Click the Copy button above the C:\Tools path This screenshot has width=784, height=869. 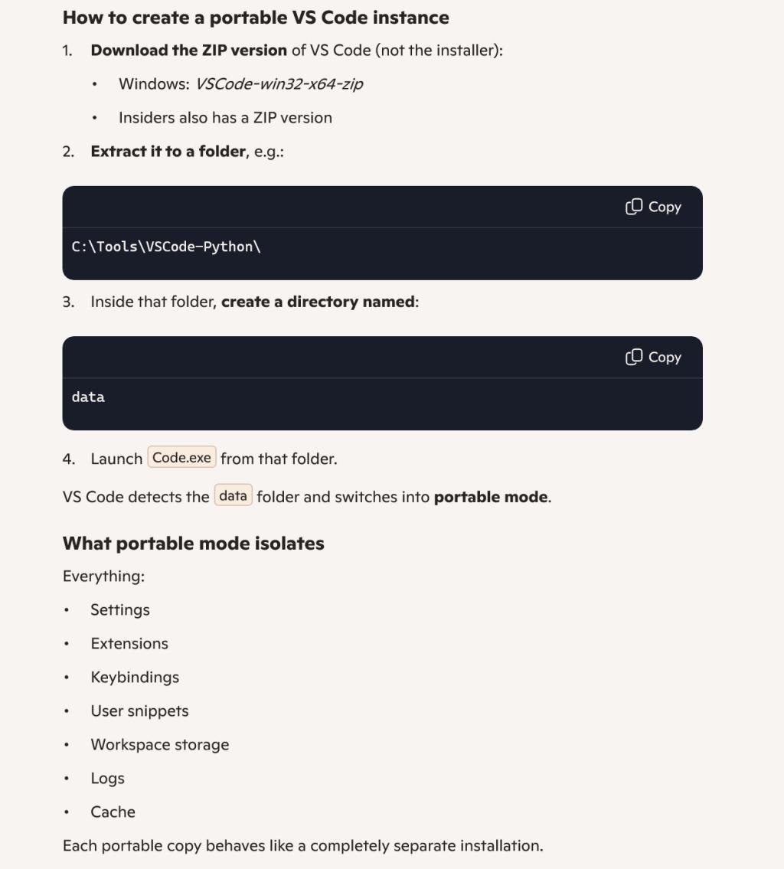point(653,207)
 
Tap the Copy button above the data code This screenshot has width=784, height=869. point(653,357)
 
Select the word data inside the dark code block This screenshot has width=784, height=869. point(88,397)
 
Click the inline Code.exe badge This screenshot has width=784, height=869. point(181,458)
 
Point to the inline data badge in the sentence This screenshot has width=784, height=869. point(233,496)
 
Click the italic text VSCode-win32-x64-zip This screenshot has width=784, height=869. point(279,84)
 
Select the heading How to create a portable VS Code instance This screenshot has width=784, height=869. point(256,17)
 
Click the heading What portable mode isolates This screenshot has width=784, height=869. point(194,544)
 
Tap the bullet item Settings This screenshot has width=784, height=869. point(120,610)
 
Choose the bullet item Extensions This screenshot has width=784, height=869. point(129,644)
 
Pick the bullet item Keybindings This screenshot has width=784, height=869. point(135,678)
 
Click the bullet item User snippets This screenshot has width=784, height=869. point(139,711)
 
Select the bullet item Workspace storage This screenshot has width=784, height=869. point(160,745)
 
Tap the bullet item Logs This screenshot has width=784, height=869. point(107,779)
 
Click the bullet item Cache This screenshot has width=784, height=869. point(113,812)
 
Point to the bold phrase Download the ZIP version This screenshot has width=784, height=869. point(188,51)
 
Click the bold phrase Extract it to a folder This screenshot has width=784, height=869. point(168,152)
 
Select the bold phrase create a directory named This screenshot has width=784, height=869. point(318,302)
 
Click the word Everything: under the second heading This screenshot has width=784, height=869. point(103,577)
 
